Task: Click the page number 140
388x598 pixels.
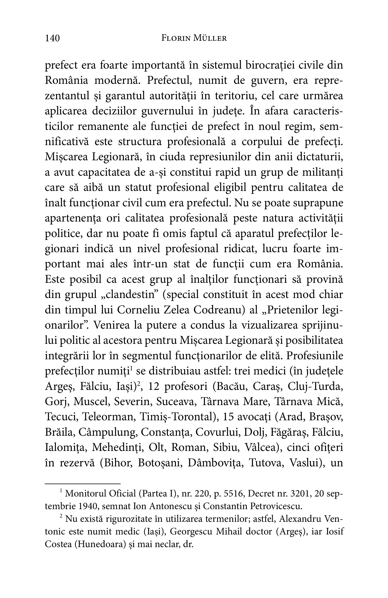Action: (52, 38)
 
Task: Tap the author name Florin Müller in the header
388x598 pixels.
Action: (194, 38)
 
